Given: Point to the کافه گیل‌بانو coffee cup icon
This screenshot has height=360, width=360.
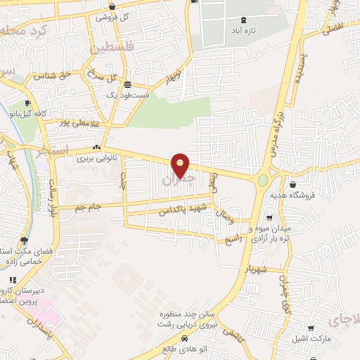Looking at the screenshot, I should tap(27, 104).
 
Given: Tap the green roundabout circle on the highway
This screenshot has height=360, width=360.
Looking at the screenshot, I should tap(263, 181).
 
